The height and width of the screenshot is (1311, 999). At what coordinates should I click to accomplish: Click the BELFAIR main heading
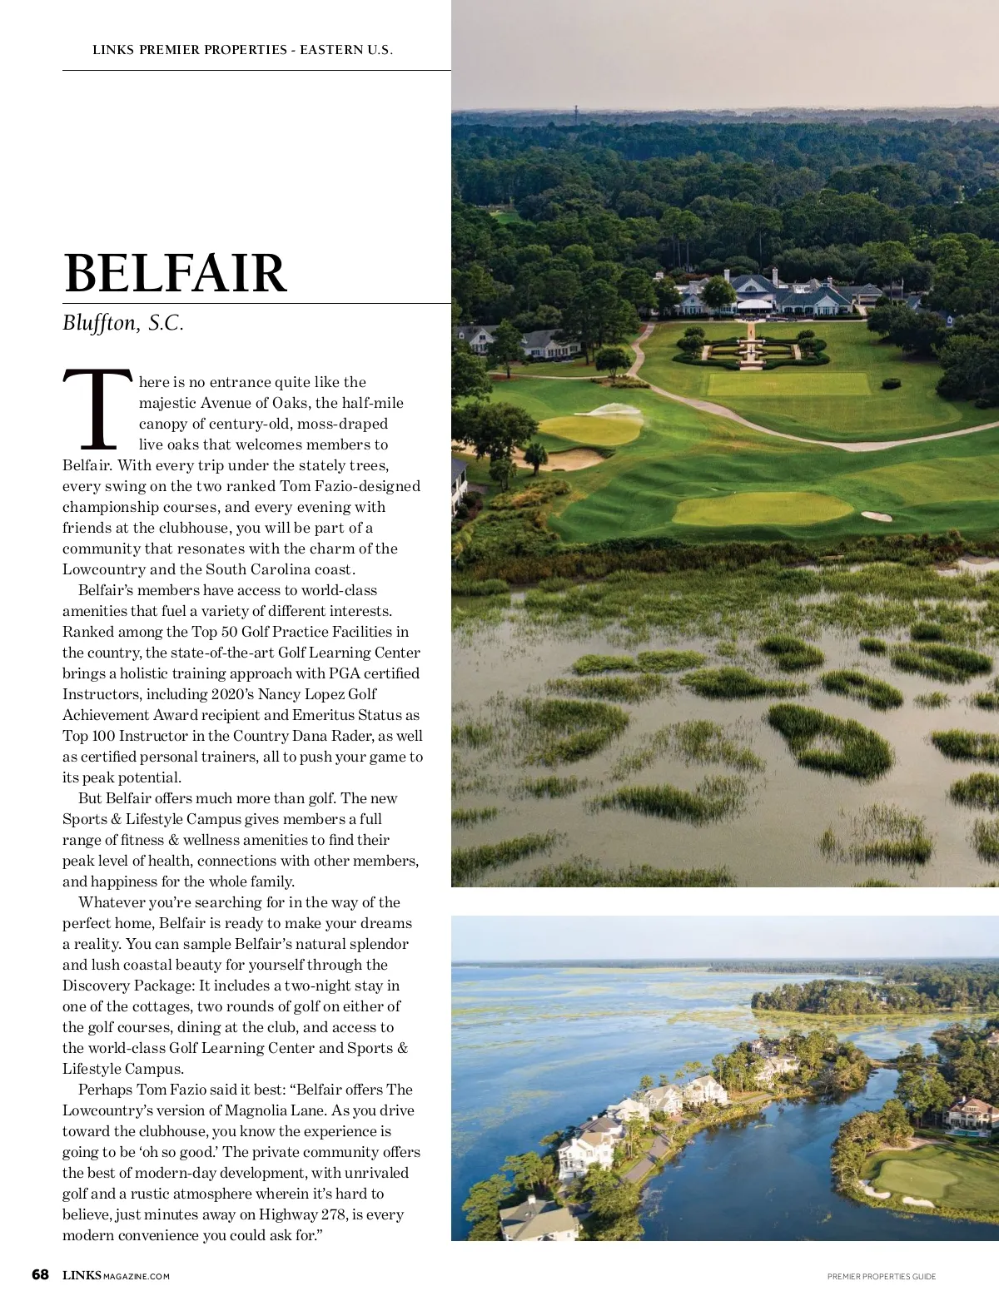(x=175, y=273)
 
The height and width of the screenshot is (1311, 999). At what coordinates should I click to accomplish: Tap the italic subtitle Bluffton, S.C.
(x=123, y=324)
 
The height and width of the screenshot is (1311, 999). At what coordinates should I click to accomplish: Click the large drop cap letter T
(x=97, y=410)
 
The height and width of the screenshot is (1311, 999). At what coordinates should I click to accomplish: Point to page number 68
(x=40, y=1275)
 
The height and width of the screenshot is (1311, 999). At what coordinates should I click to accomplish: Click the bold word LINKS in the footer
(x=82, y=1275)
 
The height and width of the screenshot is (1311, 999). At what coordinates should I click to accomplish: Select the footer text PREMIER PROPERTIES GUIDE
(x=882, y=1276)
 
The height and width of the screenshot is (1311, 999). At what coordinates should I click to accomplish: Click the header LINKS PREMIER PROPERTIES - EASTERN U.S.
(x=242, y=50)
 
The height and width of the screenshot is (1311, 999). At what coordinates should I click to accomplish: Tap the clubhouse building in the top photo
(x=770, y=293)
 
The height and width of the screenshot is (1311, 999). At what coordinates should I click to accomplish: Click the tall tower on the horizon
(x=575, y=112)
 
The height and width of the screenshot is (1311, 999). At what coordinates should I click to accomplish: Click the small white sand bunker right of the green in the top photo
(x=877, y=516)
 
